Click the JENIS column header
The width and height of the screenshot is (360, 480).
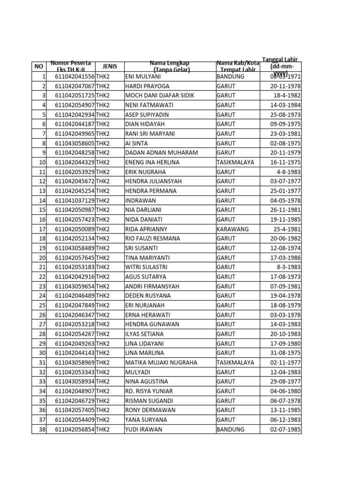[x=110, y=67]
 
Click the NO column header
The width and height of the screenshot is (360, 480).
[x=39, y=67]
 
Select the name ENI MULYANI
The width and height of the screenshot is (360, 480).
[x=143, y=76]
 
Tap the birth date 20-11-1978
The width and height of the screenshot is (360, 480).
[x=285, y=86]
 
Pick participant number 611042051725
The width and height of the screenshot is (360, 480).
[x=75, y=96]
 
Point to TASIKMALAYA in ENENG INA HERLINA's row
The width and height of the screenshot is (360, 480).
[x=235, y=162]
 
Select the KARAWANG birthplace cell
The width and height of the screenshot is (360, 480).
[x=232, y=229]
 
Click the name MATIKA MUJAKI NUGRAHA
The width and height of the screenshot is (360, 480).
[x=161, y=362]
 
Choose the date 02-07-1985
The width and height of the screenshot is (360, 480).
[x=285, y=429]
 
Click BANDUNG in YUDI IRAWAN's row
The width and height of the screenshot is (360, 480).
[x=231, y=429]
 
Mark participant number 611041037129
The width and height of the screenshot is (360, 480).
[x=75, y=201]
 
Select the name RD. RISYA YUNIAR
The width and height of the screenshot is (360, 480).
[x=149, y=391]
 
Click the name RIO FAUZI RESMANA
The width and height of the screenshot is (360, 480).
[x=152, y=239]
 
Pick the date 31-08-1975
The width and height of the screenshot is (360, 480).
[x=285, y=353]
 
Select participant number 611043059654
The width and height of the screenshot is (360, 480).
[x=75, y=286]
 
